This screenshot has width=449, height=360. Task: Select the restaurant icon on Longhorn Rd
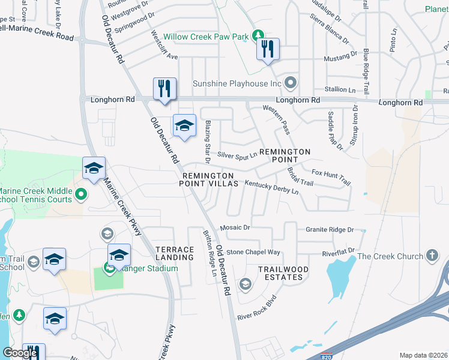click(x=164, y=89)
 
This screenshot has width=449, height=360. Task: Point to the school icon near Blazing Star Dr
click(x=184, y=125)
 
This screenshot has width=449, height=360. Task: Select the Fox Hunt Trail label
click(x=330, y=177)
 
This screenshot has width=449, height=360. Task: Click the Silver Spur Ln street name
click(x=237, y=154)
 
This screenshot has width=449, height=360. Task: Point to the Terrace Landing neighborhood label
click(x=175, y=253)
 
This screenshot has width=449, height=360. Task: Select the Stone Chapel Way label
click(x=253, y=252)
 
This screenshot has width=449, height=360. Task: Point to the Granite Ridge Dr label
click(x=330, y=230)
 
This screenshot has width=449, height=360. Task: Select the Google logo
click(x=20, y=353)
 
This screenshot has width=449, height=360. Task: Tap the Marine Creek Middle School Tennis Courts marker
click(x=82, y=194)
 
